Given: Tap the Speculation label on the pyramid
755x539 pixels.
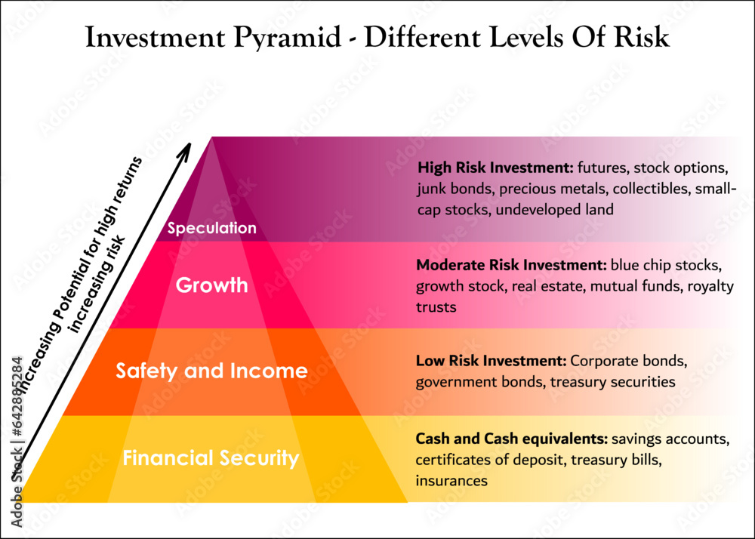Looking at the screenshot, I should coord(212,228).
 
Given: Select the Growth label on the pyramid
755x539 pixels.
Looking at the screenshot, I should coord(212,285).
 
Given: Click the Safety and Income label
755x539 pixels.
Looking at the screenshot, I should coord(211,371).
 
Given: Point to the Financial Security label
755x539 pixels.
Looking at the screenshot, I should coord(211,458).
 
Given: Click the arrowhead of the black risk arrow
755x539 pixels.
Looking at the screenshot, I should coord(183,151).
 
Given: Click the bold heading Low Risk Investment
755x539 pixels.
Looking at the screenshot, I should coord(491,360).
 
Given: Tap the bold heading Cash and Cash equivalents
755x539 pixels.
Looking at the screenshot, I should coord(512,438).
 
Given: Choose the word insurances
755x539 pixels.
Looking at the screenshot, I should coord(451,480).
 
